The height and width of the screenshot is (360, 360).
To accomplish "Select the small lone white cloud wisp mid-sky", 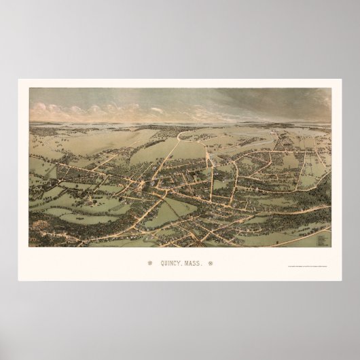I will (x=158, y=109).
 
